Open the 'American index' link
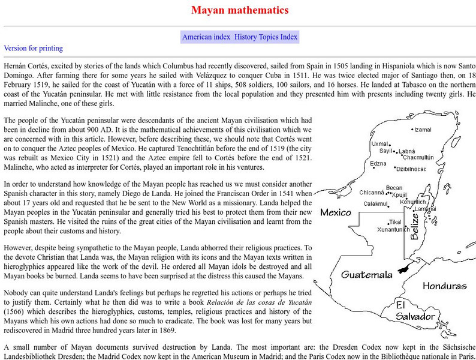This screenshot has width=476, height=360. (206, 37)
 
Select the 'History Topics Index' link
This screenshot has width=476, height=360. (266, 37)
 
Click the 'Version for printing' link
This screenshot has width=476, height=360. (33, 48)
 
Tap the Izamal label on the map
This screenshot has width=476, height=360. (423, 130)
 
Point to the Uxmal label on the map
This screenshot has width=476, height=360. (379, 144)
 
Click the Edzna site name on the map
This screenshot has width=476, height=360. (378, 163)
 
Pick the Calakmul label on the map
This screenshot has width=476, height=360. (375, 204)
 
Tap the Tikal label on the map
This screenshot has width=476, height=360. (396, 223)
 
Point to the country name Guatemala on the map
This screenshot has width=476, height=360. (367, 275)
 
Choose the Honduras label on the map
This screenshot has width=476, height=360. (444, 286)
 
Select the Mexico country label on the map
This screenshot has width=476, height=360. (335, 212)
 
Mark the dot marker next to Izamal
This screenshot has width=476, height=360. (412, 130)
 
